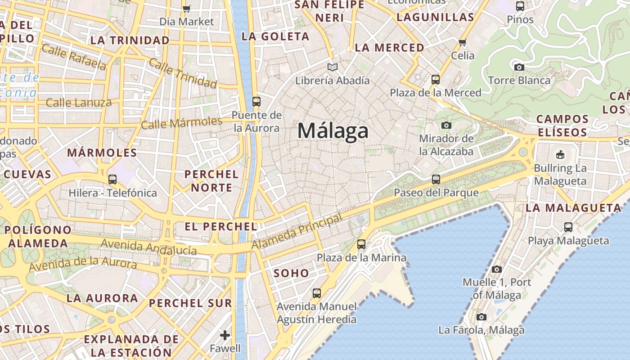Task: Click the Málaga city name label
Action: (x=333, y=131)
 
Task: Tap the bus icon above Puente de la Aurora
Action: (x=256, y=102)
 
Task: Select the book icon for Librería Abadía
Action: (x=333, y=67)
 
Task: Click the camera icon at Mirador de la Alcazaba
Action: (x=446, y=125)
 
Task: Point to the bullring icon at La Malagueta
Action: (x=560, y=155)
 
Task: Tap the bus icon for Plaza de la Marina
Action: (x=361, y=244)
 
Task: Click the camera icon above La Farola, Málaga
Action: (x=481, y=317)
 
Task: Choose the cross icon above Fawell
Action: (x=225, y=335)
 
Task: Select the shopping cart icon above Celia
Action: (x=463, y=43)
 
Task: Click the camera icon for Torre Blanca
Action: (x=519, y=67)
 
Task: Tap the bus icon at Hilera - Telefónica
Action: (x=112, y=180)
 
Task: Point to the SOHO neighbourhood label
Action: (x=291, y=273)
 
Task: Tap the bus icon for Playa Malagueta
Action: (x=568, y=227)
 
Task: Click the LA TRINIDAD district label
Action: (x=130, y=40)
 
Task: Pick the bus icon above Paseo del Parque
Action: (x=436, y=180)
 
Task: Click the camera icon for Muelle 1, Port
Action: (x=497, y=269)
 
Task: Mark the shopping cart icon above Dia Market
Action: (x=187, y=9)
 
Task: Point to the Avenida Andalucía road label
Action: (x=149, y=247)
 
